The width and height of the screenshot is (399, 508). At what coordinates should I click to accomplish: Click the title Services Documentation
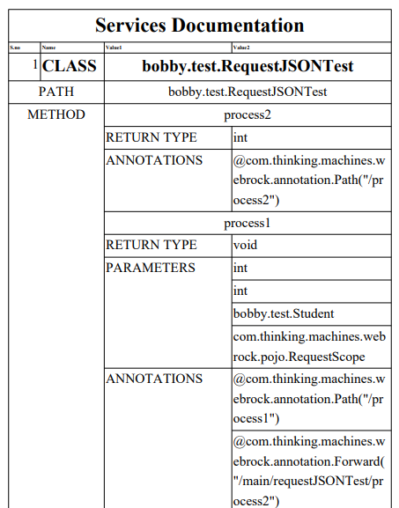coord(199,26)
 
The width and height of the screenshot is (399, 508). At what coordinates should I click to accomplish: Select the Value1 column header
coord(115,46)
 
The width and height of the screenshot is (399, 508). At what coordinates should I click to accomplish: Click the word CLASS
coord(70,66)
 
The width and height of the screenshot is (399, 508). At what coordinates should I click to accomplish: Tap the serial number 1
coord(35,65)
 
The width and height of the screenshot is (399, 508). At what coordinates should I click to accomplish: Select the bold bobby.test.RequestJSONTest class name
coord(248,66)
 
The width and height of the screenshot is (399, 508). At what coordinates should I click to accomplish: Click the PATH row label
coord(55,92)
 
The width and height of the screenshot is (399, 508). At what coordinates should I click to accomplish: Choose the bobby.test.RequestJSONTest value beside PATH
coord(248,92)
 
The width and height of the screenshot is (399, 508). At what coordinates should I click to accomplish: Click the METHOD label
coord(55,114)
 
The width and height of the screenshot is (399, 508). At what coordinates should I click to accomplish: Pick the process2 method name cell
coord(248,115)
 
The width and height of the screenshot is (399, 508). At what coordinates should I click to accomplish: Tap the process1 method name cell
coord(248,223)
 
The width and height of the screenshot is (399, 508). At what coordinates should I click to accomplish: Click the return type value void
coord(245,245)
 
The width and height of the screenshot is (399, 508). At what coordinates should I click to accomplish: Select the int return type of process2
coord(240,137)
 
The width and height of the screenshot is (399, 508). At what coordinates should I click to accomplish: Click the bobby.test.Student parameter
coord(284,313)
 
